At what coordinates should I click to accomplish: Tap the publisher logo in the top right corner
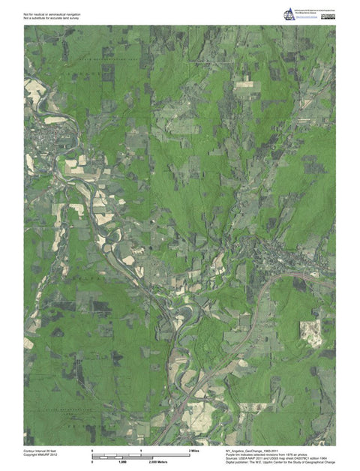click(x=289, y=14)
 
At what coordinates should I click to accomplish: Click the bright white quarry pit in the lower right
click(x=310, y=331)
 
